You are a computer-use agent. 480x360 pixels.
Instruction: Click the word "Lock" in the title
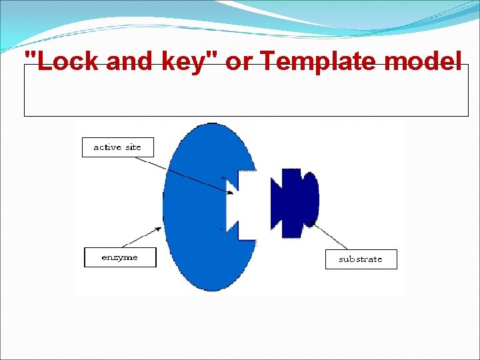(63, 62)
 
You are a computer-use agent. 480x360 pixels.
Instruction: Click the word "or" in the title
(239, 62)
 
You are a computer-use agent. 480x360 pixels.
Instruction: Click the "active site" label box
(117, 147)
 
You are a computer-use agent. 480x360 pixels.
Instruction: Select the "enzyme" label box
(120, 257)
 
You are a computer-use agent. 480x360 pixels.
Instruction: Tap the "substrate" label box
(361, 259)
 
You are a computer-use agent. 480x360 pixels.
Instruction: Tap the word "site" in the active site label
(133, 147)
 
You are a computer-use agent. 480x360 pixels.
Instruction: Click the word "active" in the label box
(107, 147)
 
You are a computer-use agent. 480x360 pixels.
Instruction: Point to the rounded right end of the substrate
(313, 199)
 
